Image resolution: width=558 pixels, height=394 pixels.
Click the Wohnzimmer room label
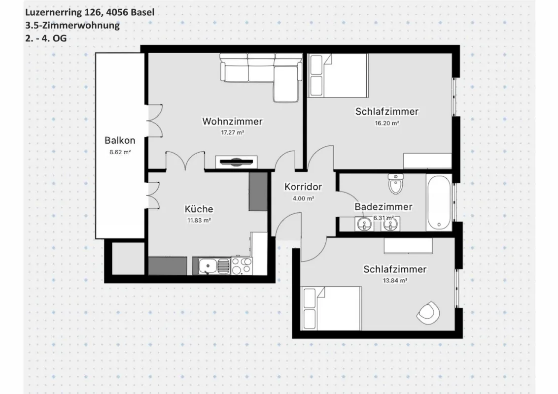click(x=232, y=121)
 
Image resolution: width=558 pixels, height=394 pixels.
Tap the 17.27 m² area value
click(x=232, y=132)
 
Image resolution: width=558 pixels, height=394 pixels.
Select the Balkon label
click(x=120, y=140)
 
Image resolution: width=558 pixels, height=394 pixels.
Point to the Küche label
click(x=199, y=209)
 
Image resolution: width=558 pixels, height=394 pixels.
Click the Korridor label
click(x=303, y=187)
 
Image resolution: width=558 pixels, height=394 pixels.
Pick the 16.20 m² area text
click(x=387, y=124)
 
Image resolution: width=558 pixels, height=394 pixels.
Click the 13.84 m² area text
click(x=395, y=281)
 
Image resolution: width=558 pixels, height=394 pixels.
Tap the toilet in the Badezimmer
click(x=395, y=184)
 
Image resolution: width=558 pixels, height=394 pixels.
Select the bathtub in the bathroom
click(x=439, y=202)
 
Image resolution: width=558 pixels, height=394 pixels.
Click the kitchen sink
click(x=213, y=266)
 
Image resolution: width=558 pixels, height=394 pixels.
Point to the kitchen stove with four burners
click(x=242, y=266)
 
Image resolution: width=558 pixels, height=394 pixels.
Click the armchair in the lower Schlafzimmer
click(x=428, y=313)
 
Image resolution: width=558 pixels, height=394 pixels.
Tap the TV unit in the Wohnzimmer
click(x=236, y=162)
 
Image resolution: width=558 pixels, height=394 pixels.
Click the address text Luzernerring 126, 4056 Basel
click(x=90, y=12)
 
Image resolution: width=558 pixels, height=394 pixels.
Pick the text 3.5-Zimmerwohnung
click(x=72, y=25)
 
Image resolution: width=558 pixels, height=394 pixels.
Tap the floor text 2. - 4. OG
click(x=46, y=38)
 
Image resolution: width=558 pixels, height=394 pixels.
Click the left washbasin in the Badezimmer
click(x=363, y=224)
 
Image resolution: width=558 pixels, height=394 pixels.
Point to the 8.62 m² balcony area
click(x=120, y=152)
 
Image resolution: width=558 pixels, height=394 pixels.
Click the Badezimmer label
click(x=384, y=206)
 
